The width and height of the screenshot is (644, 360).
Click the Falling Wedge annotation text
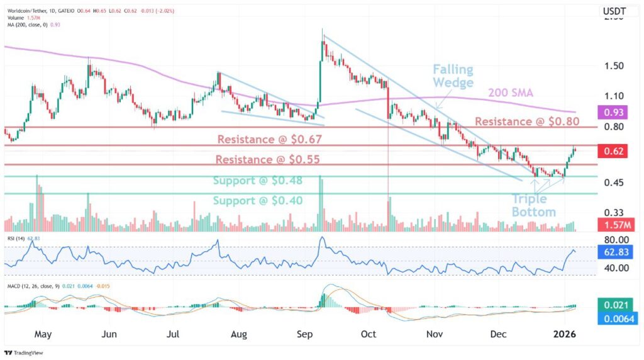[x=453, y=76]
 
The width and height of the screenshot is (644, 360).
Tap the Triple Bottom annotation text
[x=533, y=206]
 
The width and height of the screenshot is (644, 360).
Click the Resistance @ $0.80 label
[x=526, y=121]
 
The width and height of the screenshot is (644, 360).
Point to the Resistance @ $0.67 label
[x=269, y=139]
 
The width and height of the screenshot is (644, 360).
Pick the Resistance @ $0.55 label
[x=268, y=160]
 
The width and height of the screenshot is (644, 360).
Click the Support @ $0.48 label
[x=257, y=181]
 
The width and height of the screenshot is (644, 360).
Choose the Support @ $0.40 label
[x=257, y=201]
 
